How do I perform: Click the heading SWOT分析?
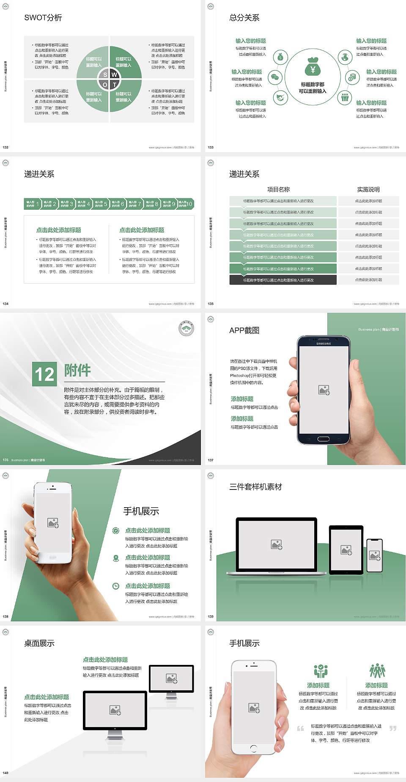click(43, 18)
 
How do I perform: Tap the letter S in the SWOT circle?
click(105, 75)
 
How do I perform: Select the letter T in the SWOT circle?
click(114, 85)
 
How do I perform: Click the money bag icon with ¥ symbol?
click(313, 68)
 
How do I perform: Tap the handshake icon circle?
click(280, 98)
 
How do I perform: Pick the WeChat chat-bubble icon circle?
click(275, 77)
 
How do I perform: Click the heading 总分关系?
click(244, 18)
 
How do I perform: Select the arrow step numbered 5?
click(101, 204)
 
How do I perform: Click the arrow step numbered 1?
click(33, 204)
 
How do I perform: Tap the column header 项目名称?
click(278, 189)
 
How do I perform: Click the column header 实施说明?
click(368, 189)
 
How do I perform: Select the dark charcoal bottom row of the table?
click(283, 280)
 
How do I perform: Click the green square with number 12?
click(44, 374)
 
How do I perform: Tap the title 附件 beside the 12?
click(77, 370)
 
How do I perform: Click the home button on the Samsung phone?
click(324, 439)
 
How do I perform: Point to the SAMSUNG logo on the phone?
click(324, 344)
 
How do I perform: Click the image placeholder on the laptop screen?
click(277, 544)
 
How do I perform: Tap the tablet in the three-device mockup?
click(346, 550)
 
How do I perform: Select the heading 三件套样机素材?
click(255, 487)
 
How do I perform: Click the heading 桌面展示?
click(39, 643)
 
